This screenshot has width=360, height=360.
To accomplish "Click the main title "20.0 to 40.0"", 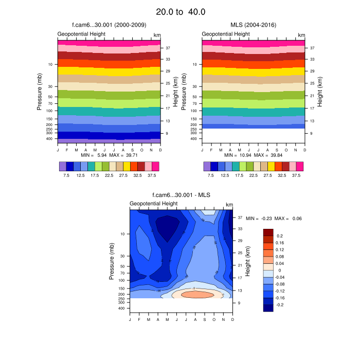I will coord(180,11).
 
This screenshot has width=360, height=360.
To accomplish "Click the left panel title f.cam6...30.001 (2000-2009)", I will coord(109,25).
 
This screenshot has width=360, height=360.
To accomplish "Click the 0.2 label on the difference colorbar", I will coord(279,235).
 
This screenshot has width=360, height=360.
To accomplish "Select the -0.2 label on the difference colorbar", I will coord(280,304).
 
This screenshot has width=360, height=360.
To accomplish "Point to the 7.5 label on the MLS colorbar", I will coord(210,175).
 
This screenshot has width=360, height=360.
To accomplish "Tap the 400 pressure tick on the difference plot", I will coord(122,308).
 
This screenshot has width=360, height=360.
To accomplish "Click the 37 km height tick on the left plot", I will coord(168,48).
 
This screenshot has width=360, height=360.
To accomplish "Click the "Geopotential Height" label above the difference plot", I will coord(153,204).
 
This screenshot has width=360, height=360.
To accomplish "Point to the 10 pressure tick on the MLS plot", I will coord(194,64).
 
